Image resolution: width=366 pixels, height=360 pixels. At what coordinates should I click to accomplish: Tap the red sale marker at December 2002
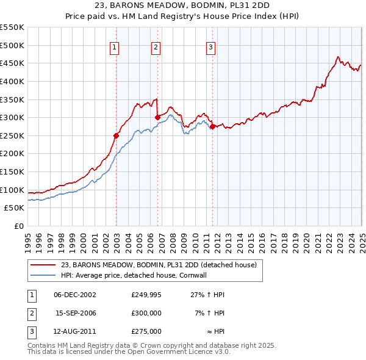[116, 135]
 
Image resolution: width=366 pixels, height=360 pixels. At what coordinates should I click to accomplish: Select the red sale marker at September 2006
[157, 117]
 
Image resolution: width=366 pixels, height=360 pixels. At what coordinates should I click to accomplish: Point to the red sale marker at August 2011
[212, 126]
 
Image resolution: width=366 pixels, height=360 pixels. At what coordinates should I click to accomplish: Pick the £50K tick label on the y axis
[15, 208]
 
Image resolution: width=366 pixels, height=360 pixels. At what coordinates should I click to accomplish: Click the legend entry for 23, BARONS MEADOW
[159, 265]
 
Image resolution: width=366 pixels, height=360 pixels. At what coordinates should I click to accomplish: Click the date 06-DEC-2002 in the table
[75, 295]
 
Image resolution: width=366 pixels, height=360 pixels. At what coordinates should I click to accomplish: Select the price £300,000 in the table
[146, 313]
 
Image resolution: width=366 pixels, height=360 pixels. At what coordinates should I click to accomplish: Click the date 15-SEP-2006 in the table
[75, 313]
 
